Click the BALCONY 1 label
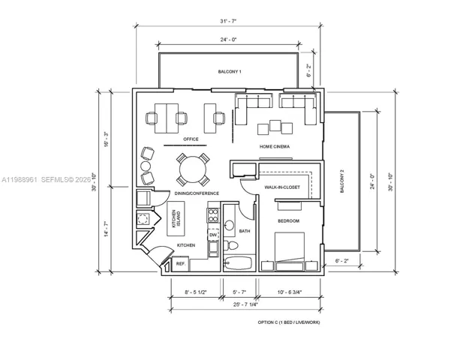pos(230,71)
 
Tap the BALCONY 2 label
pos(341,181)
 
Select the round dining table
pos(193,169)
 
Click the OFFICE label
pos(191,139)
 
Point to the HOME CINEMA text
pos(275,146)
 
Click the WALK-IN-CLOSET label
pos(282,187)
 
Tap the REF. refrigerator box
pos(180,264)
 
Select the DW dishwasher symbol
pos(213,235)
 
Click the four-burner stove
pos(213,215)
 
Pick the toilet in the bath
pos(231,245)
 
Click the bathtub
pos(239,262)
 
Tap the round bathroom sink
pos(229,225)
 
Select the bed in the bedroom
pos(290,251)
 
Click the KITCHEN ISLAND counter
pos(176,218)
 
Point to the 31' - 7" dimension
pos(228,21)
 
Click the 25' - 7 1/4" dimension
pos(245,304)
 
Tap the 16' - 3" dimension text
pos(106,139)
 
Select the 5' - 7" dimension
pos(239,292)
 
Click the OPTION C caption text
pos(289,322)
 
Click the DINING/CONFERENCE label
pos(197,193)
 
